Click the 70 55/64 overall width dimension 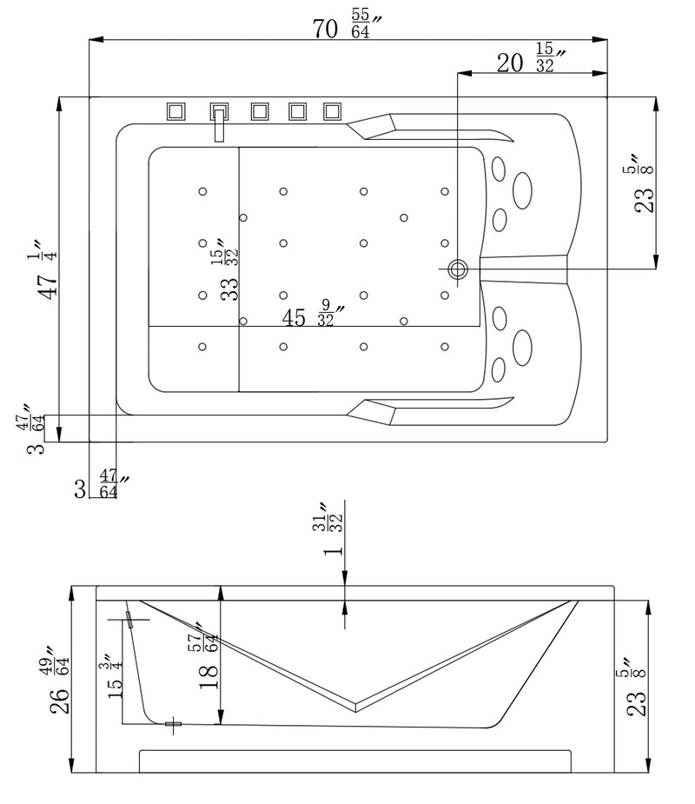click(x=347, y=28)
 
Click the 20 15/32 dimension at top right click(x=530, y=62)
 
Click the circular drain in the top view click(x=458, y=270)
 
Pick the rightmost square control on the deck click(x=333, y=111)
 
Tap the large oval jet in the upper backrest click(x=523, y=189)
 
